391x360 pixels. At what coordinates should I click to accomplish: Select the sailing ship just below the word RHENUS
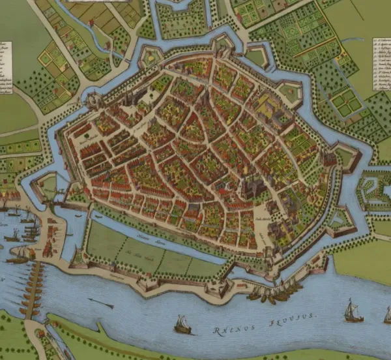182,324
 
